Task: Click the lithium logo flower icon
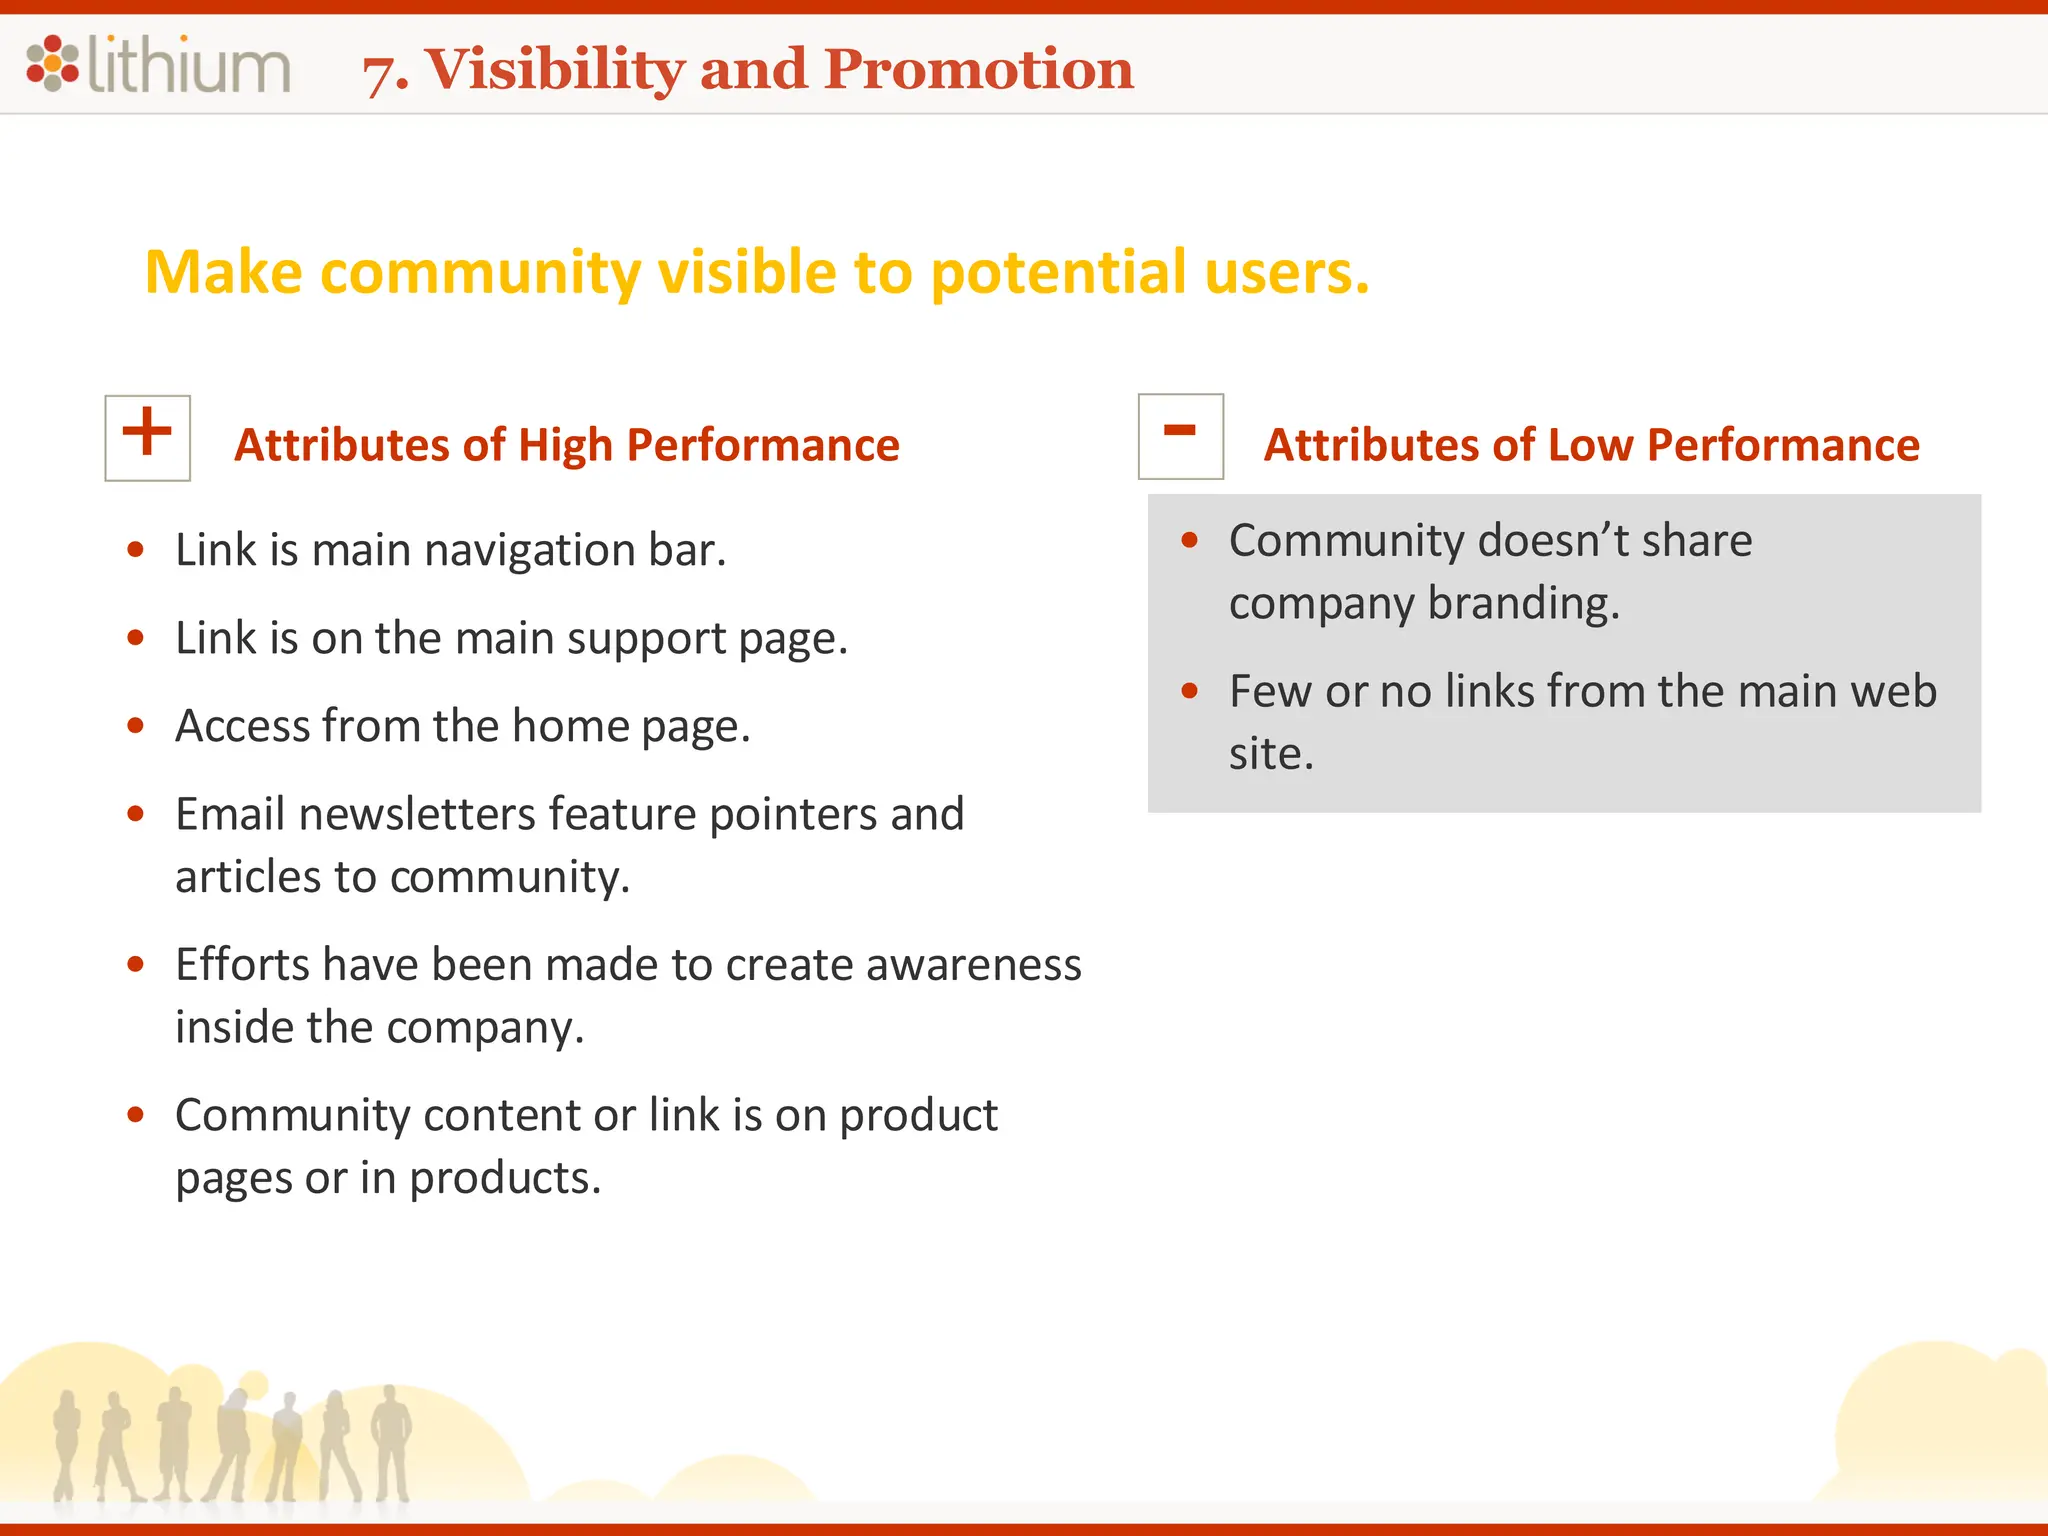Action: tap(52, 63)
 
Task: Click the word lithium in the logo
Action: tap(189, 65)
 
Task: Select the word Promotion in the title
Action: tap(979, 69)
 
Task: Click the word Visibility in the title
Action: tap(555, 69)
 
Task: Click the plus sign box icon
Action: tap(147, 437)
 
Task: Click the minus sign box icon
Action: tap(1180, 436)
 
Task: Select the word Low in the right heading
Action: tap(1590, 445)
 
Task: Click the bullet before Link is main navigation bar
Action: tap(136, 549)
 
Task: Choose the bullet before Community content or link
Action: tap(136, 1114)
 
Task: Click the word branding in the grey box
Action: tap(1523, 604)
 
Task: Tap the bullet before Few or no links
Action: tap(1189, 691)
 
